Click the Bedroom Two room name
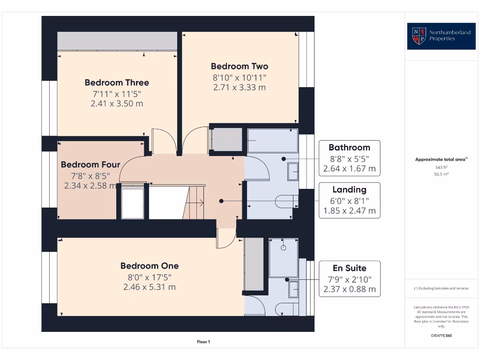point(240,66)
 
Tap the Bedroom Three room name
point(117,82)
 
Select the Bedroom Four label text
point(90,165)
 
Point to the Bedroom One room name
point(150,266)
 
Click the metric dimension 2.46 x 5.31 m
point(150,287)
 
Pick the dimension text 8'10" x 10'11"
point(240,77)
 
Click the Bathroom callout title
point(349,147)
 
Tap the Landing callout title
point(349,189)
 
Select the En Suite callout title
point(349,268)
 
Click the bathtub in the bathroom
point(272,141)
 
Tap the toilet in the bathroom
point(287,202)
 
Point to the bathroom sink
point(293,172)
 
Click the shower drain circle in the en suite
point(284,247)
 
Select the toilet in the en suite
point(286,307)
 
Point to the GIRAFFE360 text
point(441,336)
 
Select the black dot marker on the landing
point(221,201)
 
